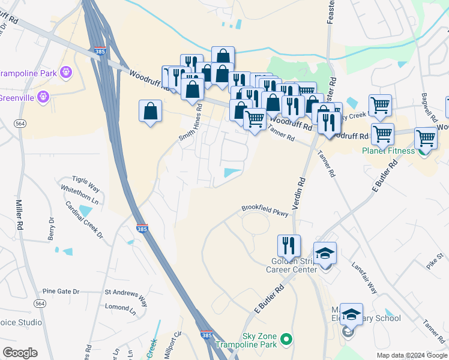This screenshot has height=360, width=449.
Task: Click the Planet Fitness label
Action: [x=388, y=151]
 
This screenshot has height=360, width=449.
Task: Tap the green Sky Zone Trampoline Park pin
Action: [x=286, y=340]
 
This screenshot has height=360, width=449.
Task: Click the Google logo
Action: [x=20, y=353]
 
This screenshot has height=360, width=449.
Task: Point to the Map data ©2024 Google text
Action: [x=411, y=355]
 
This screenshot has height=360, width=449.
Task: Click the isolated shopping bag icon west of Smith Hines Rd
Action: [x=149, y=111]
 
